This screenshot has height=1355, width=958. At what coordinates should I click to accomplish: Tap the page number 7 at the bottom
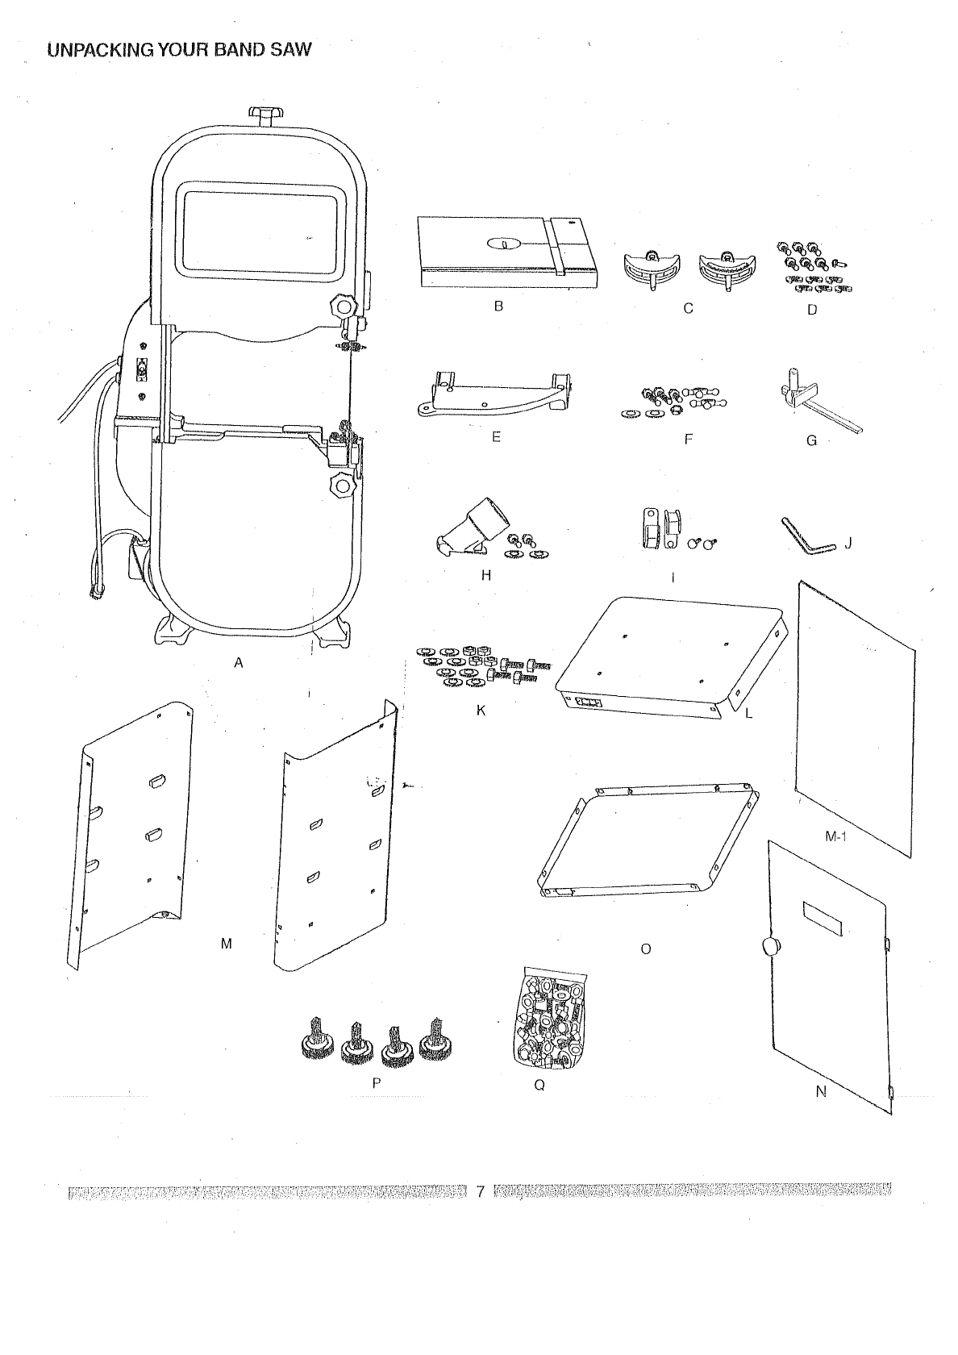pyautogui.click(x=480, y=1190)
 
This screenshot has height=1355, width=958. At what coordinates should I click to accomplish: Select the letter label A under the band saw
pyautogui.click(x=238, y=663)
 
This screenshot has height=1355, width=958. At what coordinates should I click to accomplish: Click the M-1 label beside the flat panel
pyautogui.click(x=835, y=836)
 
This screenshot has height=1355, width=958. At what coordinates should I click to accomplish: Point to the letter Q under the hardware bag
pyautogui.click(x=539, y=1085)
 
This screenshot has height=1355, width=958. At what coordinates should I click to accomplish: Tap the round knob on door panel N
pyautogui.click(x=773, y=946)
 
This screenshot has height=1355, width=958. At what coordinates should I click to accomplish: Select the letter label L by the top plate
pyautogui.click(x=748, y=713)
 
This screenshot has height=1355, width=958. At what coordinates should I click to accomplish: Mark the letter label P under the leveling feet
pyautogui.click(x=376, y=1084)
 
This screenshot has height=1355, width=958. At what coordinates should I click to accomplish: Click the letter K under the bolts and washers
pyautogui.click(x=481, y=711)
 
